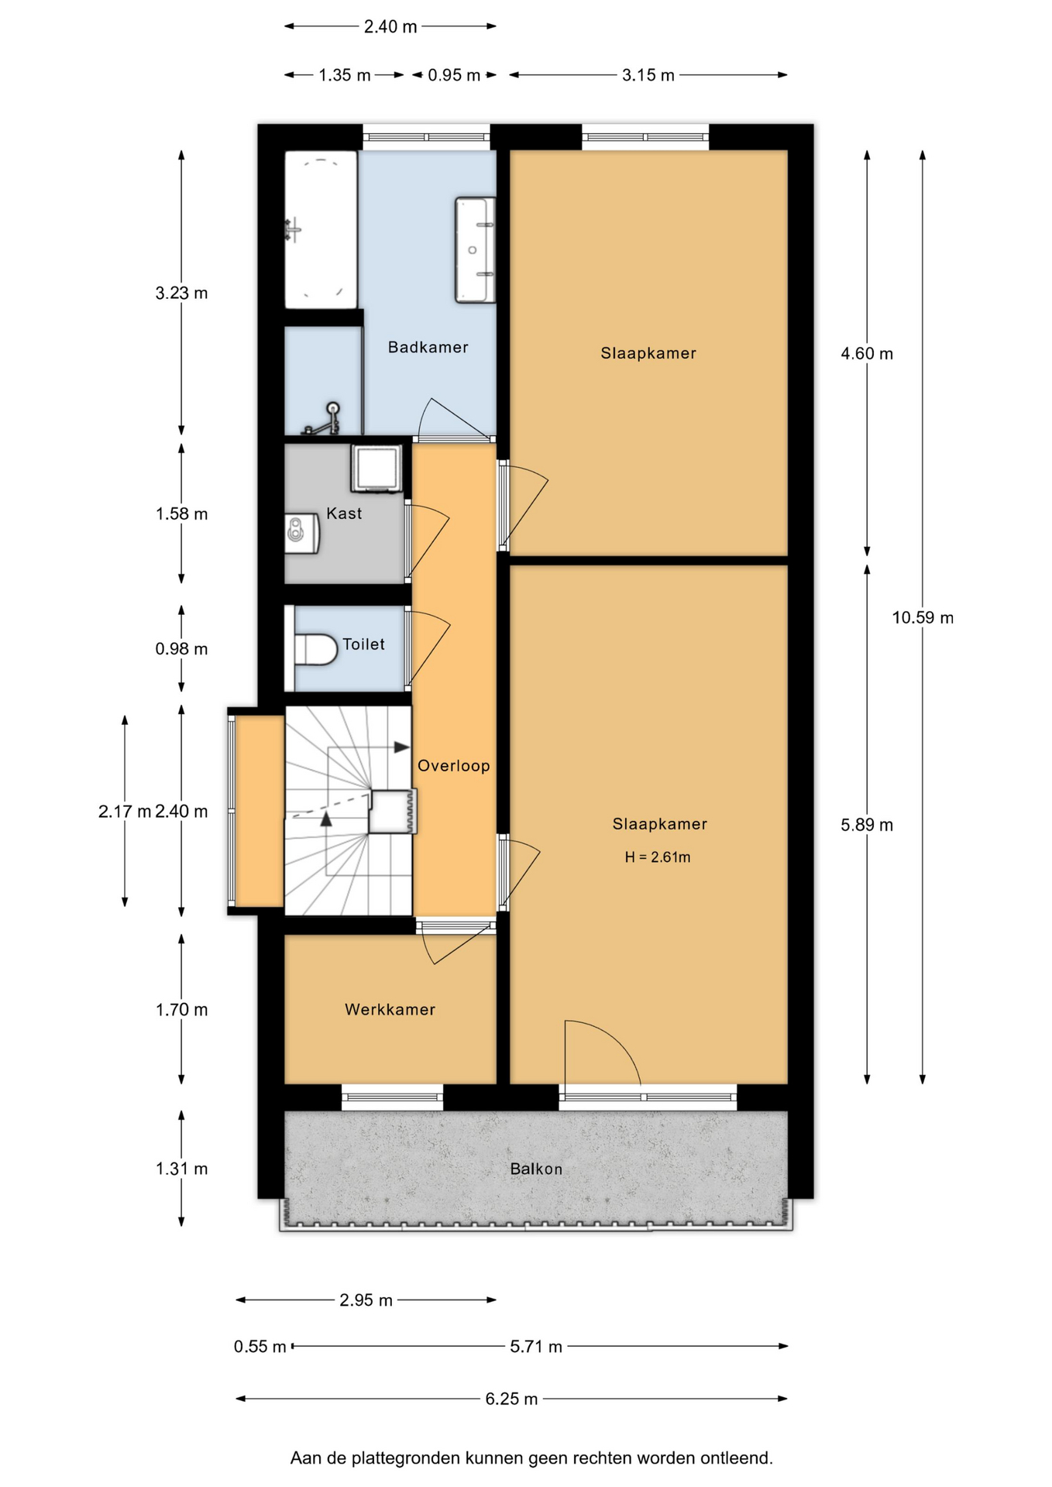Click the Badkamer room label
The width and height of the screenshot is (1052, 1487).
428,347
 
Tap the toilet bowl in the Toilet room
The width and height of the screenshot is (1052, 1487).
315,649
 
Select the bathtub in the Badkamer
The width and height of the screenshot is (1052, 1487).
321,230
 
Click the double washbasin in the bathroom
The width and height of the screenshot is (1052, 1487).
476,250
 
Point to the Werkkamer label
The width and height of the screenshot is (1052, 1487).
390,1009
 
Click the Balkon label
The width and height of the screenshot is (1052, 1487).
536,1169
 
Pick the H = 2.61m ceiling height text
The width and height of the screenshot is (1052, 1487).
658,857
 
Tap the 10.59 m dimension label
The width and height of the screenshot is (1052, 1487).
923,617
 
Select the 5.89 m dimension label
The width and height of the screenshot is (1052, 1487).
867,825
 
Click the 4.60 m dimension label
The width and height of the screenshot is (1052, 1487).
867,353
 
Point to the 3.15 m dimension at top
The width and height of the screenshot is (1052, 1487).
648,75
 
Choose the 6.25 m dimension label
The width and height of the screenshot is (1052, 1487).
511,1399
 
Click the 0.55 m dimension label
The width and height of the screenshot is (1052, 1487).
260,1347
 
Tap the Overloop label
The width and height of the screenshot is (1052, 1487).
454,766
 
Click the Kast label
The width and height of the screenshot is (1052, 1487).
344,513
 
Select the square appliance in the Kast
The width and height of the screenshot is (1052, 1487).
376,468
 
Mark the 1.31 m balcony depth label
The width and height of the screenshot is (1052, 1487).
181,1169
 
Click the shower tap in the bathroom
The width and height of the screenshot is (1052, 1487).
325,419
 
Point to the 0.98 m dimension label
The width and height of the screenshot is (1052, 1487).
181,649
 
